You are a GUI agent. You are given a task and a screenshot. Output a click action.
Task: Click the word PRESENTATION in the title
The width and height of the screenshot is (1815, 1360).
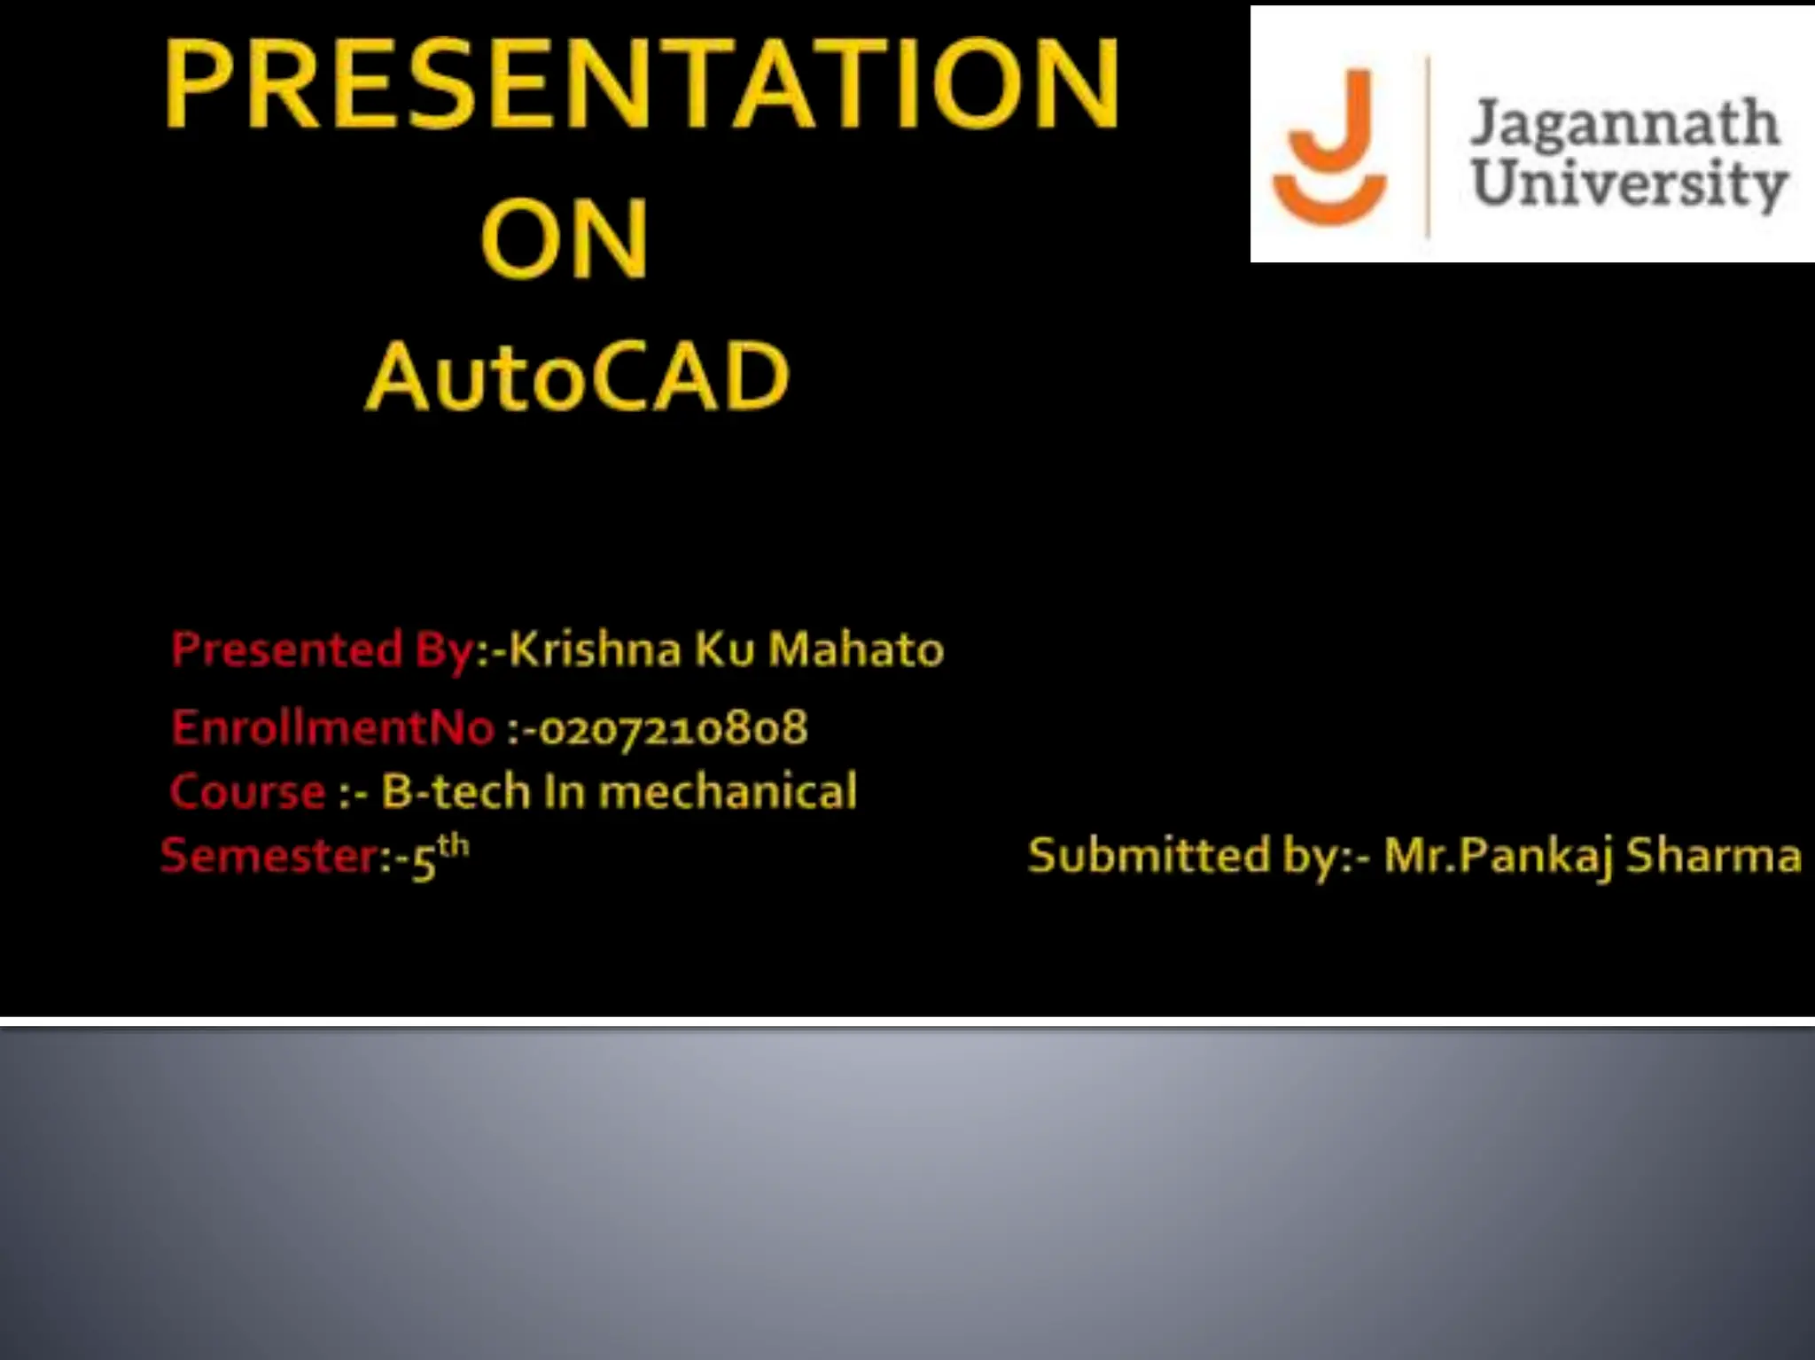click(x=642, y=84)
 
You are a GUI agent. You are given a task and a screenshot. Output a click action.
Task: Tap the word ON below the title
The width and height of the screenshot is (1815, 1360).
click(x=565, y=238)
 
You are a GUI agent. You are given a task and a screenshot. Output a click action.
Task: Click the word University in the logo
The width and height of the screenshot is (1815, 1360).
click(x=1629, y=183)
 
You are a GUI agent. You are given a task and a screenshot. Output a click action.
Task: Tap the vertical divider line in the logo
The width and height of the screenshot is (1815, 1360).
click(x=1428, y=146)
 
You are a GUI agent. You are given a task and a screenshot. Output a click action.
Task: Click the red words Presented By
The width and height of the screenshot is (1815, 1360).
click(x=323, y=649)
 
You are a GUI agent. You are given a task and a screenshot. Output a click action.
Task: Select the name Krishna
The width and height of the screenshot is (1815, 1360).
click(x=595, y=649)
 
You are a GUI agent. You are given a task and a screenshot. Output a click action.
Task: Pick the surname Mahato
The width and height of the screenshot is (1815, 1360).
click(x=855, y=649)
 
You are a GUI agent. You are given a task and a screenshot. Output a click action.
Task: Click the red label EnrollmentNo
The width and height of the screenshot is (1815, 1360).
click(x=333, y=727)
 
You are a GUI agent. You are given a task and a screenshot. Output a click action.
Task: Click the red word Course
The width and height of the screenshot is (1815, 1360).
click(x=248, y=791)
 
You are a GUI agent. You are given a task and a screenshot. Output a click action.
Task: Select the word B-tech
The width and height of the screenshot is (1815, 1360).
click(x=456, y=791)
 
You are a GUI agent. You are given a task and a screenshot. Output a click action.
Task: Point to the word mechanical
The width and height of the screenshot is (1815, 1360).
click(x=728, y=791)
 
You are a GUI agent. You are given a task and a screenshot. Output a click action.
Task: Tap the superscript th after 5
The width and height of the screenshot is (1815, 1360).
click(x=453, y=844)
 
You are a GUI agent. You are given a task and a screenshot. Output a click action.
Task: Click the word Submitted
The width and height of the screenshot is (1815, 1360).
click(x=1149, y=856)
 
